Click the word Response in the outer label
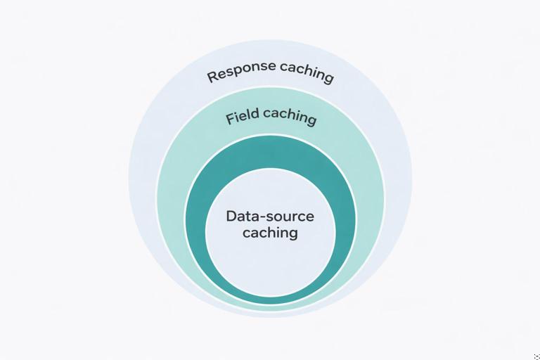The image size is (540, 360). coord(241,71)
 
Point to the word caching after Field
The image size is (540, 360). coord(290,116)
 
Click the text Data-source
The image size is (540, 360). coord(270,216)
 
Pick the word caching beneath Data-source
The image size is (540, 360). coord(270,233)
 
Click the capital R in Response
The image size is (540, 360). coord(212,77)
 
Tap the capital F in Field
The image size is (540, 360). coord(230,120)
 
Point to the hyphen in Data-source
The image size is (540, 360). coord(263,217)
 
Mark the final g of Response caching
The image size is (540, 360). coord(328,77)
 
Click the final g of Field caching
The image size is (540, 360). coord(311,120)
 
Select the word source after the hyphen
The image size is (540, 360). coord(290,217)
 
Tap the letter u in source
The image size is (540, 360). coord(289,217)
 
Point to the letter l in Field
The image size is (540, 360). coord(251,115)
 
